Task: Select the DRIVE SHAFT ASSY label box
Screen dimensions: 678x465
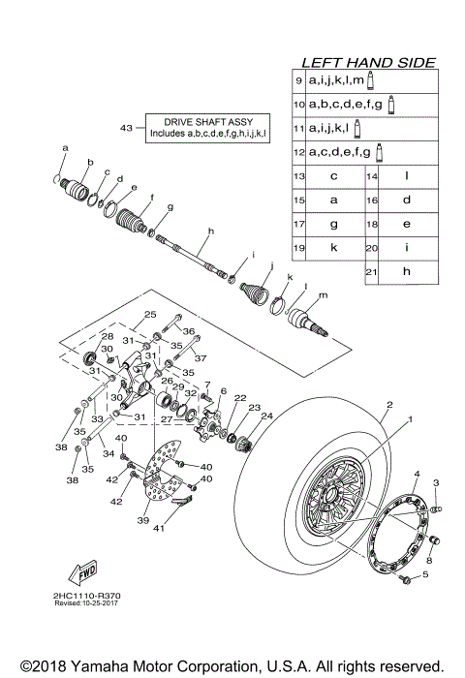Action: (x=208, y=128)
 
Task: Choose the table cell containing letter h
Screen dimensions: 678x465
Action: (x=407, y=272)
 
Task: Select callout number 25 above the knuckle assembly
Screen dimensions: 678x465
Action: (x=150, y=314)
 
